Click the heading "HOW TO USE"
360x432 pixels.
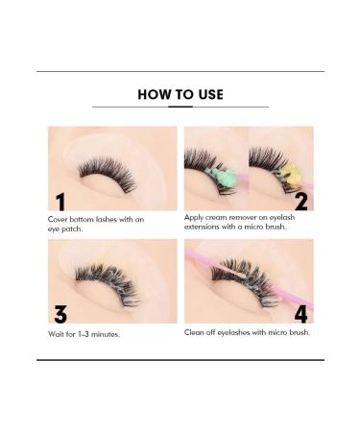[x=180, y=94]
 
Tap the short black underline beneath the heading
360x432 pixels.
[x=180, y=107]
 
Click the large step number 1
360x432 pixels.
[x=60, y=200]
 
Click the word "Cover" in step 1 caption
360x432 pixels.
[x=60, y=219]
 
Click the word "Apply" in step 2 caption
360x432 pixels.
[x=196, y=217]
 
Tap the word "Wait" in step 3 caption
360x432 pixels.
[x=57, y=334]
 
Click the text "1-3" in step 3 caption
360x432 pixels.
[x=87, y=334]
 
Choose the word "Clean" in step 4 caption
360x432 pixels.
[x=197, y=332]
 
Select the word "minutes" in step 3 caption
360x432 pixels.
[x=109, y=334]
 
